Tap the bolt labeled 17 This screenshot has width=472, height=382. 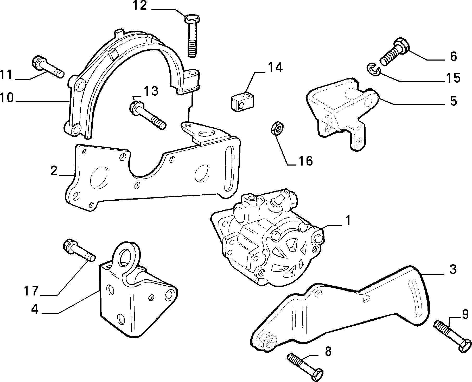coord(79,250)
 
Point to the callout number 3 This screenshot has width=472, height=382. coord(453,269)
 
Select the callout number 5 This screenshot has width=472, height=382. coord(454,101)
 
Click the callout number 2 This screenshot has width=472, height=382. coord(54,171)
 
